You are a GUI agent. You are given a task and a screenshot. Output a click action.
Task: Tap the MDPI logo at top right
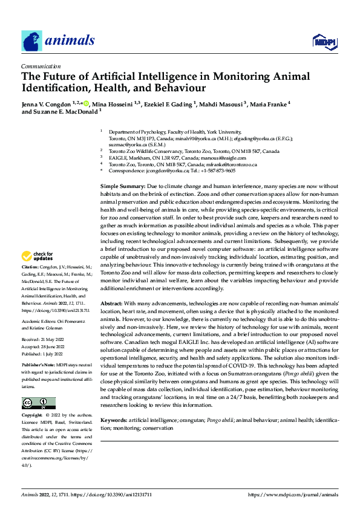click(x=324, y=42)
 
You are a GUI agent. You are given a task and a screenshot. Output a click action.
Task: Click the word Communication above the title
click(x=41, y=66)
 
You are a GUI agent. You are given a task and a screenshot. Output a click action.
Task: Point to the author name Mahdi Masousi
click(x=219, y=103)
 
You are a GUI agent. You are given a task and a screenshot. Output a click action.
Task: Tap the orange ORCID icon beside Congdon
click(x=86, y=103)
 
